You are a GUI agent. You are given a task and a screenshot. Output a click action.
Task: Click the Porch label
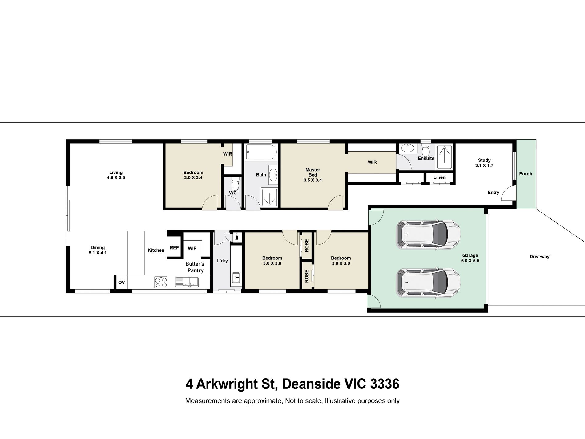pyautogui.click(x=525, y=174)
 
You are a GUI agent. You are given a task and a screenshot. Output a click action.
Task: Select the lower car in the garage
pyautogui.click(x=428, y=283)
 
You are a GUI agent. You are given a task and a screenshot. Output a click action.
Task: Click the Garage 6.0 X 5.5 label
pyautogui.click(x=470, y=258)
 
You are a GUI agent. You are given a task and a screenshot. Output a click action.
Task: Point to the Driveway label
pyautogui.click(x=539, y=257)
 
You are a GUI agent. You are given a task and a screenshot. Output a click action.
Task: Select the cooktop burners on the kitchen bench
pyautogui.click(x=161, y=282)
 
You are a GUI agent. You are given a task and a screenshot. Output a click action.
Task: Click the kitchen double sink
pyautogui.click(x=187, y=282)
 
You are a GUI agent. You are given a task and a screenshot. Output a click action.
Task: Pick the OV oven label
pyautogui.click(x=121, y=282)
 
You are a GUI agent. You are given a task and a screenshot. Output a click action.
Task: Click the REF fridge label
pyautogui.click(x=174, y=248)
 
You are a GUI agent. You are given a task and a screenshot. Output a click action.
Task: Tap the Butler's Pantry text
pyautogui.click(x=195, y=267)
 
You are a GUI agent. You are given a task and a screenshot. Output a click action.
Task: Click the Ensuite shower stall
pyautogui.click(x=444, y=157)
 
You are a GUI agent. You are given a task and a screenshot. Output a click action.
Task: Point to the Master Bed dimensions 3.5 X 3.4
pyautogui.click(x=313, y=180)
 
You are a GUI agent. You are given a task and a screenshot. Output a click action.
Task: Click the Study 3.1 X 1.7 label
pyautogui.click(x=484, y=163)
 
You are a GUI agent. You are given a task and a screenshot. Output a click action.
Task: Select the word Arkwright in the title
pyautogui.click(x=227, y=384)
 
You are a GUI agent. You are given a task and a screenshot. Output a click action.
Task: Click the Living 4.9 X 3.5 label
pyautogui.click(x=116, y=175)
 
